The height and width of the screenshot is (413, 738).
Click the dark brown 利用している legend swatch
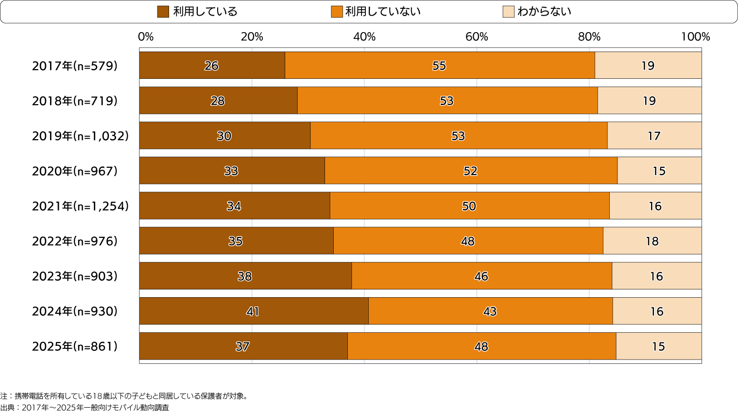tap(163, 12)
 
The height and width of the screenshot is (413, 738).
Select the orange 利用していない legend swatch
tap(337, 12)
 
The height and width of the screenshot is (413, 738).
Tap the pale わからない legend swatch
tap(508, 12)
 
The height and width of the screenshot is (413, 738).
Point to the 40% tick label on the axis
tap(364, 37)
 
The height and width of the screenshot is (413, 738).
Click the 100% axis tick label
tap(695, 37)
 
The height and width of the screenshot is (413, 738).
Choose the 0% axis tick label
tap(146, 37)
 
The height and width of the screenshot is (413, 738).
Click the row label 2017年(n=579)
tap(75, 66)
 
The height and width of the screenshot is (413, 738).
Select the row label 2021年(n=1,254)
tap(80, 206)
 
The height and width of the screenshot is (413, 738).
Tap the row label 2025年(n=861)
tap(75, 346)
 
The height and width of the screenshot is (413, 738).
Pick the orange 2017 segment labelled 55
tap(440, 66)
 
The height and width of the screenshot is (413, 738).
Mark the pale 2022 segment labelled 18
tap(652, 241)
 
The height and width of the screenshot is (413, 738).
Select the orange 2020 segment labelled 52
tap(471, 171)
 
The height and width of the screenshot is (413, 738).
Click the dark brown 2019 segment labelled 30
tap(224, 136)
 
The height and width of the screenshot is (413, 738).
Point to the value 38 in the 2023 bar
tap(245, 276)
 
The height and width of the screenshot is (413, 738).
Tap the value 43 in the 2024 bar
tap(490, 311)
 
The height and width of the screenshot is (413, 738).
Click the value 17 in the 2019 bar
tap(654, 136)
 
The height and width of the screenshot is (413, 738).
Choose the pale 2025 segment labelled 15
tap(658, 346)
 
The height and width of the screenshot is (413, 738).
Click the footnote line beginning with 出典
tap(85, 408)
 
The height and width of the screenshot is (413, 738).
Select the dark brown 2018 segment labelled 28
tap(218, 101)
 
